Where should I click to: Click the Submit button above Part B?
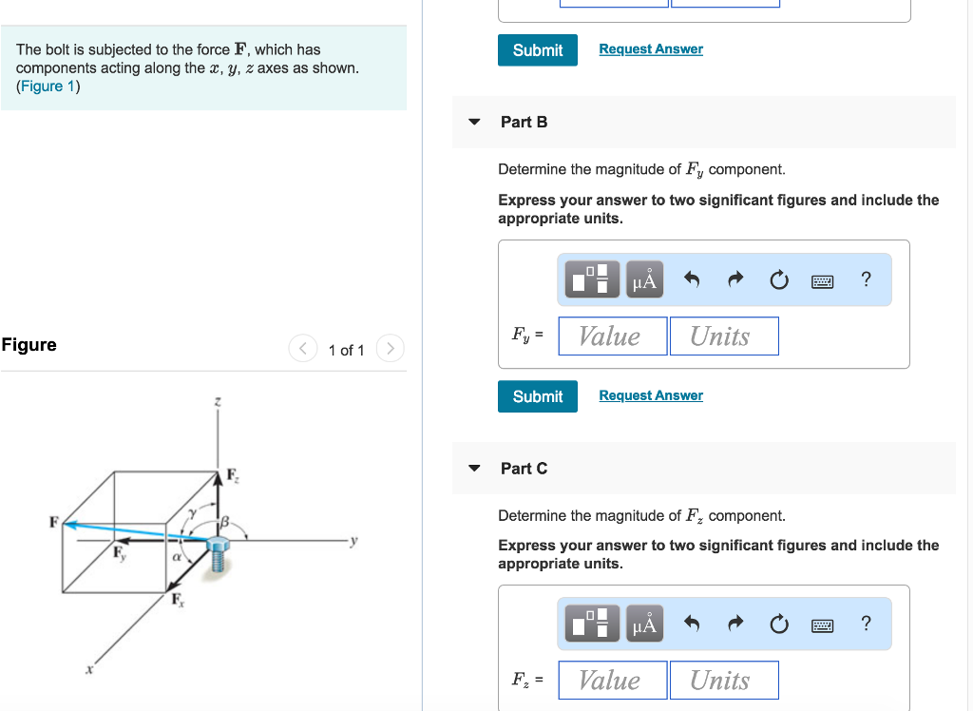click(537, 49)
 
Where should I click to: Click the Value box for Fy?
click(612, 336)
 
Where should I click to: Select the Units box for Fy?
click(723, 336)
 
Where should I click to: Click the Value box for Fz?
click(612, 681)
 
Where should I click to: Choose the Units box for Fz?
click(723, 681)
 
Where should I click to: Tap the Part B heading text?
click(524, 122)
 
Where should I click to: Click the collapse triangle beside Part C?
click(475, 469)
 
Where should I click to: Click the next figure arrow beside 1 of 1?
click(390, 349)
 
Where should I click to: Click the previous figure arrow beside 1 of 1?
click(302, 349)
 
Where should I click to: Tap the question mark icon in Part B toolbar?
click(865, 279)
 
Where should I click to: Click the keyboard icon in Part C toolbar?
click(822, 625)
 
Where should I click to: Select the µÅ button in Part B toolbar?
click(644, 279)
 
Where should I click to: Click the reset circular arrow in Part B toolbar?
click(777, 279)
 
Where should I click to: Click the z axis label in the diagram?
click(218, 404)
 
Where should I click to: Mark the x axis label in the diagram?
click(90, 669)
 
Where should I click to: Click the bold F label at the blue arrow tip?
click(54, 521)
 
